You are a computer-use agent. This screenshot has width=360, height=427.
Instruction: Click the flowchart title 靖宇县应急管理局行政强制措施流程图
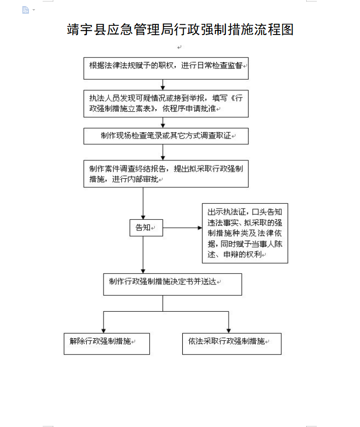(x=180, y=29)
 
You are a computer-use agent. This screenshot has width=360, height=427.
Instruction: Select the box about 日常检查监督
(x=166, y=69)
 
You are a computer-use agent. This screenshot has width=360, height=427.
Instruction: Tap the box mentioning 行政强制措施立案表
(x=166, y=104)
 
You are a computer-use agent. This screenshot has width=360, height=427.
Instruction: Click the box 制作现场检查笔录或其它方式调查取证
(x=166, y=136)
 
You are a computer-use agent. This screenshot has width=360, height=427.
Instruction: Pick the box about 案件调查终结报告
(x=166, y=174)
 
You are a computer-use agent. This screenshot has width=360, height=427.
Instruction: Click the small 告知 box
(x=146, y=227)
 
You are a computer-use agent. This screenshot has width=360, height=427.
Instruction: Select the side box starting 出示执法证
(x=245, y=233)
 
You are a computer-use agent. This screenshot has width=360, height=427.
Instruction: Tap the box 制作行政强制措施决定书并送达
(x=172, y=284)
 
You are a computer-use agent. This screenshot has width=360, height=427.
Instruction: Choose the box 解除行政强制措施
(x=107, y=344)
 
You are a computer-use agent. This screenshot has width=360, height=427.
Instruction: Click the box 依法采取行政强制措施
(x=232, y=344)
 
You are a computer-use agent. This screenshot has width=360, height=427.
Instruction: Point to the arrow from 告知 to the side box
(x=182, y=227)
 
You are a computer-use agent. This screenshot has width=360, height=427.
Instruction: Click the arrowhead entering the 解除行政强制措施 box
(x=104, y=331)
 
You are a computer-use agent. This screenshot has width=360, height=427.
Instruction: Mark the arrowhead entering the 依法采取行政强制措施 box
(x=228, y=331)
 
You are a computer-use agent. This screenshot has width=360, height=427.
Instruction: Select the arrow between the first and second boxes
(x=163, y=85)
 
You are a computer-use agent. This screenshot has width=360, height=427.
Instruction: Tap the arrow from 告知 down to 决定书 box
(x=143, y=254)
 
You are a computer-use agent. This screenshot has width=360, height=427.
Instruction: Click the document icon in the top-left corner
(x=25, y=10)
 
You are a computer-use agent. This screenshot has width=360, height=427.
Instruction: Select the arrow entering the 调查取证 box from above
(x=163, y=122)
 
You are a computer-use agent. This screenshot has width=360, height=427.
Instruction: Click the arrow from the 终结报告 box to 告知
(x=143, y=204)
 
